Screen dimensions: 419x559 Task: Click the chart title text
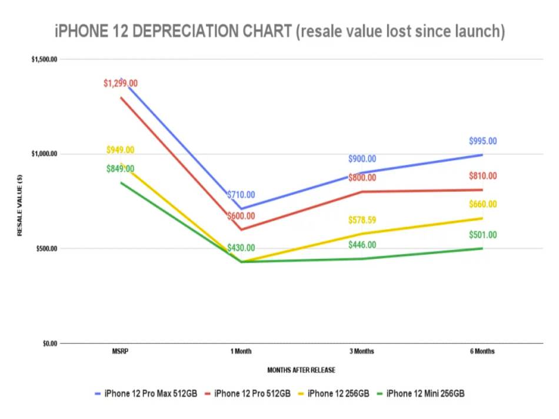point(279,31)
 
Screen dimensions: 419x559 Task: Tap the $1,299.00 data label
point(120,84)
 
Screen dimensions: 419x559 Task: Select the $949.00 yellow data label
point(120,150)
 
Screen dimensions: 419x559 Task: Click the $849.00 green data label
point(120,169)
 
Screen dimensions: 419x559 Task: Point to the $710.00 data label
point(241,195)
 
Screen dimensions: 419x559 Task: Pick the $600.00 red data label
point(241,216)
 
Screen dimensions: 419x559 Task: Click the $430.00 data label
point(241,248)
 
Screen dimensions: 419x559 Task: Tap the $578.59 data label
point(362,221)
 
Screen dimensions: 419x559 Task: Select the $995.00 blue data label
point(483,141)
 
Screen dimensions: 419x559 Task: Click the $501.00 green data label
point(483,235)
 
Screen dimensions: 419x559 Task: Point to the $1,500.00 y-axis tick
point(44,59)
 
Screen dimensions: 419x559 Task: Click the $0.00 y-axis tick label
point(49,343)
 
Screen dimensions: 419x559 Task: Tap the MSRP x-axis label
point(120,351)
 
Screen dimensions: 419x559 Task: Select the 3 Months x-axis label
point(362,351)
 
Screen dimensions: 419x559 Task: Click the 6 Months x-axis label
point(483,351)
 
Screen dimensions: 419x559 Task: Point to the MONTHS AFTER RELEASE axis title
point(301,370)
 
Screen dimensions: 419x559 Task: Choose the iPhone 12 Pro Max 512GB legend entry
point(149,394)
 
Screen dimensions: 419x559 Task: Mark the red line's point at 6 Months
point(483,189)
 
